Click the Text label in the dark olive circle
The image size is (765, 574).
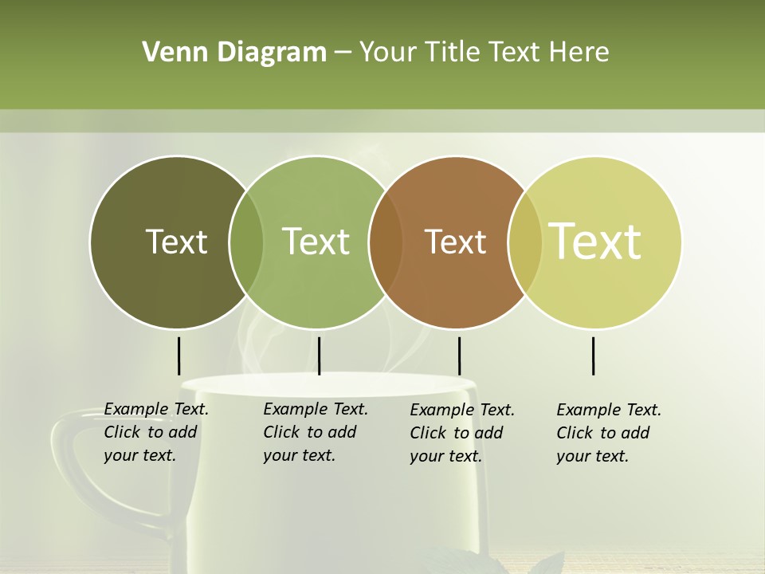(x=176, y=242)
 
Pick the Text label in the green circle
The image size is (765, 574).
(x=316, y=242)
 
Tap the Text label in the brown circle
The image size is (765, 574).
(x=455, y=242)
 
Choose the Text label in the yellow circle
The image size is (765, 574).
(x=595, y=242)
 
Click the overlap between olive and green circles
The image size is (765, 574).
(x=246, y=242)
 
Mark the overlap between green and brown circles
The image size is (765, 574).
(x=386, y=242)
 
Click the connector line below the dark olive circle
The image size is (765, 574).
(x=178, y=356)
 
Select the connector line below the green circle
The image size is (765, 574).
(x=319, y=356)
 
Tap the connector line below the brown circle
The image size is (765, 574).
(x=459, y=356)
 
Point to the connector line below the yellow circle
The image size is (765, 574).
(x=593, y=356)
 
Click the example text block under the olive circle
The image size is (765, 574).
(x=155, y=432)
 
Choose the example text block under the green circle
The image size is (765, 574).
(x=315, y=432)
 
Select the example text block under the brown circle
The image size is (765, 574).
(x=461, y=433)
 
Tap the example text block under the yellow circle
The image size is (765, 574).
(x=608, y=433)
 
